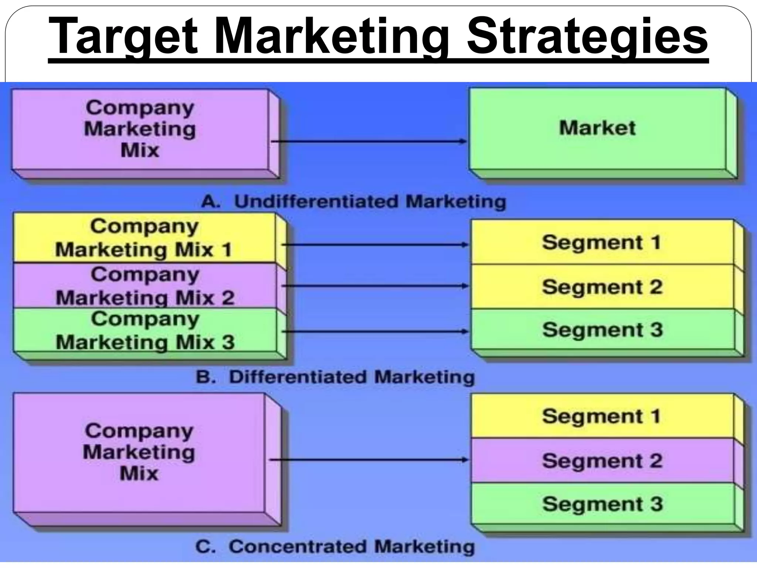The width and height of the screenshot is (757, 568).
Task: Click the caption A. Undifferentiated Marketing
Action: (353, 202)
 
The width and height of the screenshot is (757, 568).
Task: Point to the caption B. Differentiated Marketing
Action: (335, 377)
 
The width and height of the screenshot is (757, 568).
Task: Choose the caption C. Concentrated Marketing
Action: (335, 547)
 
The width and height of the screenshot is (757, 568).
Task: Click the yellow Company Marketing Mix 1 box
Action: (144, 238)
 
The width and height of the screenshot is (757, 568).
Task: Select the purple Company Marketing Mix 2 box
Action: (144, 286)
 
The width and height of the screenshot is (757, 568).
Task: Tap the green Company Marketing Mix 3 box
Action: (144, 330)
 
